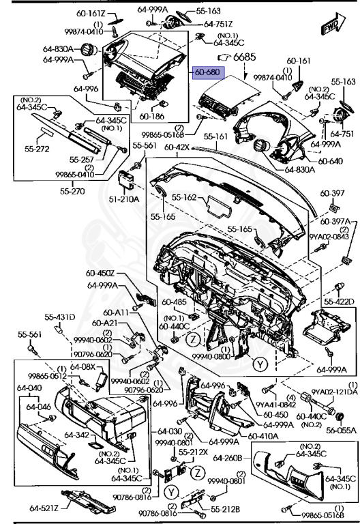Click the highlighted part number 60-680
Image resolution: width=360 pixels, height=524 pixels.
click(207, 72)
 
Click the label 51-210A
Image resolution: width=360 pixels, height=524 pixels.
click(126, 199)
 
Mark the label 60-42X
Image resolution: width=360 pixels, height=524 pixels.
click(175, 147)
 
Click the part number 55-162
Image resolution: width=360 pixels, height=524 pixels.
click(185, 198)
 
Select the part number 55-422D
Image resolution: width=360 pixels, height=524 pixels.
click(338, 302)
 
